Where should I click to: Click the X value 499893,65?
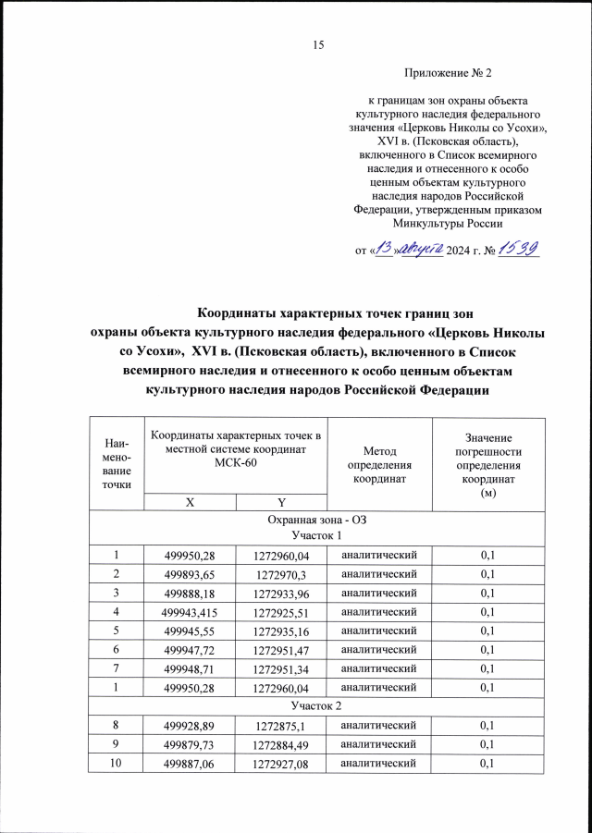click(189, 573)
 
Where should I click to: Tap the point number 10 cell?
click(117, 764)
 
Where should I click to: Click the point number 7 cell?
click(117, 668)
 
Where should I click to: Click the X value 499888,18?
click(189, 593)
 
